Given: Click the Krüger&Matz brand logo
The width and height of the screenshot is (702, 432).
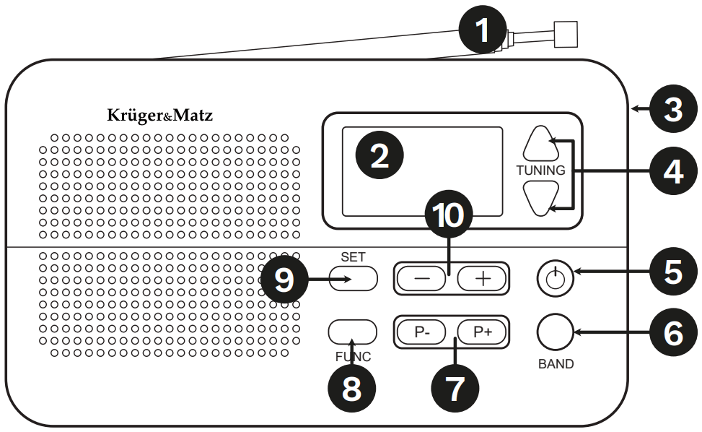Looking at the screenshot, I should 160,116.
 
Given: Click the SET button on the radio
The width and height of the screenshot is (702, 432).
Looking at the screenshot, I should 353,278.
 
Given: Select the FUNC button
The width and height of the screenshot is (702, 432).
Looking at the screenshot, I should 353,331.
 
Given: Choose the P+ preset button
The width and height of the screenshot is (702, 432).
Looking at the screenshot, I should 481,332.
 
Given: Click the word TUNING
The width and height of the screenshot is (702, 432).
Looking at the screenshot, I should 540,170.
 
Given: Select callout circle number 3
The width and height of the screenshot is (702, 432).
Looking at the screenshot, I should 672,110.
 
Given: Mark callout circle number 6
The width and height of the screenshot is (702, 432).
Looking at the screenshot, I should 672,332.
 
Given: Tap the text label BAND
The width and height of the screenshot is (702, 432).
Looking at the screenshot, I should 556,364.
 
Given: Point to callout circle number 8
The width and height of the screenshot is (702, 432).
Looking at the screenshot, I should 351,389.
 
